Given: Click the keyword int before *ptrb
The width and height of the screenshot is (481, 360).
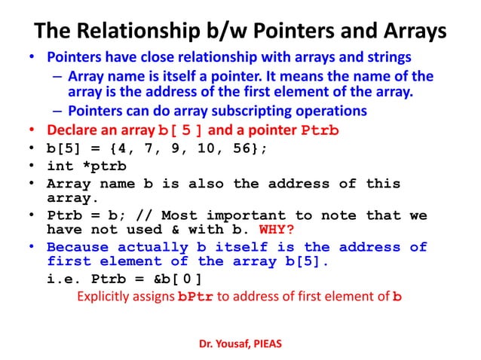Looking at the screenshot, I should (x=63, y=166).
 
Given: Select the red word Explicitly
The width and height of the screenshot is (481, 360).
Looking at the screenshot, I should (x=106, y=296).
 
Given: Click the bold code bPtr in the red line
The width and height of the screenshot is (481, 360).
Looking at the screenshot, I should (x=195, y=297).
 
